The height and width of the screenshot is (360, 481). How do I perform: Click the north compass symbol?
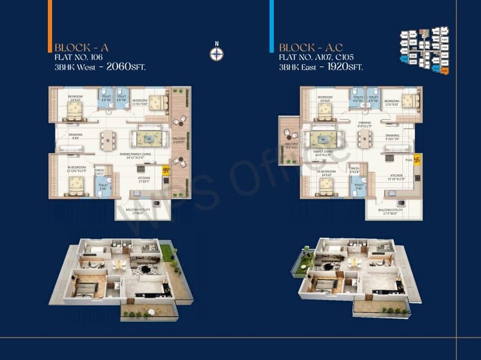[x=217, y=51]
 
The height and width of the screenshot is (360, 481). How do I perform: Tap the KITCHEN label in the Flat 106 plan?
[x=143, y=177]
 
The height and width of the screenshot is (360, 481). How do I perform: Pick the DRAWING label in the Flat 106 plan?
[x=76, y=136]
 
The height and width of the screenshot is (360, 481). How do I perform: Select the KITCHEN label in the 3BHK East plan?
[x=396, y=175]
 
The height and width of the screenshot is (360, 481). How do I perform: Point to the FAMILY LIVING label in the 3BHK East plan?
[x=323, y=154]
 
